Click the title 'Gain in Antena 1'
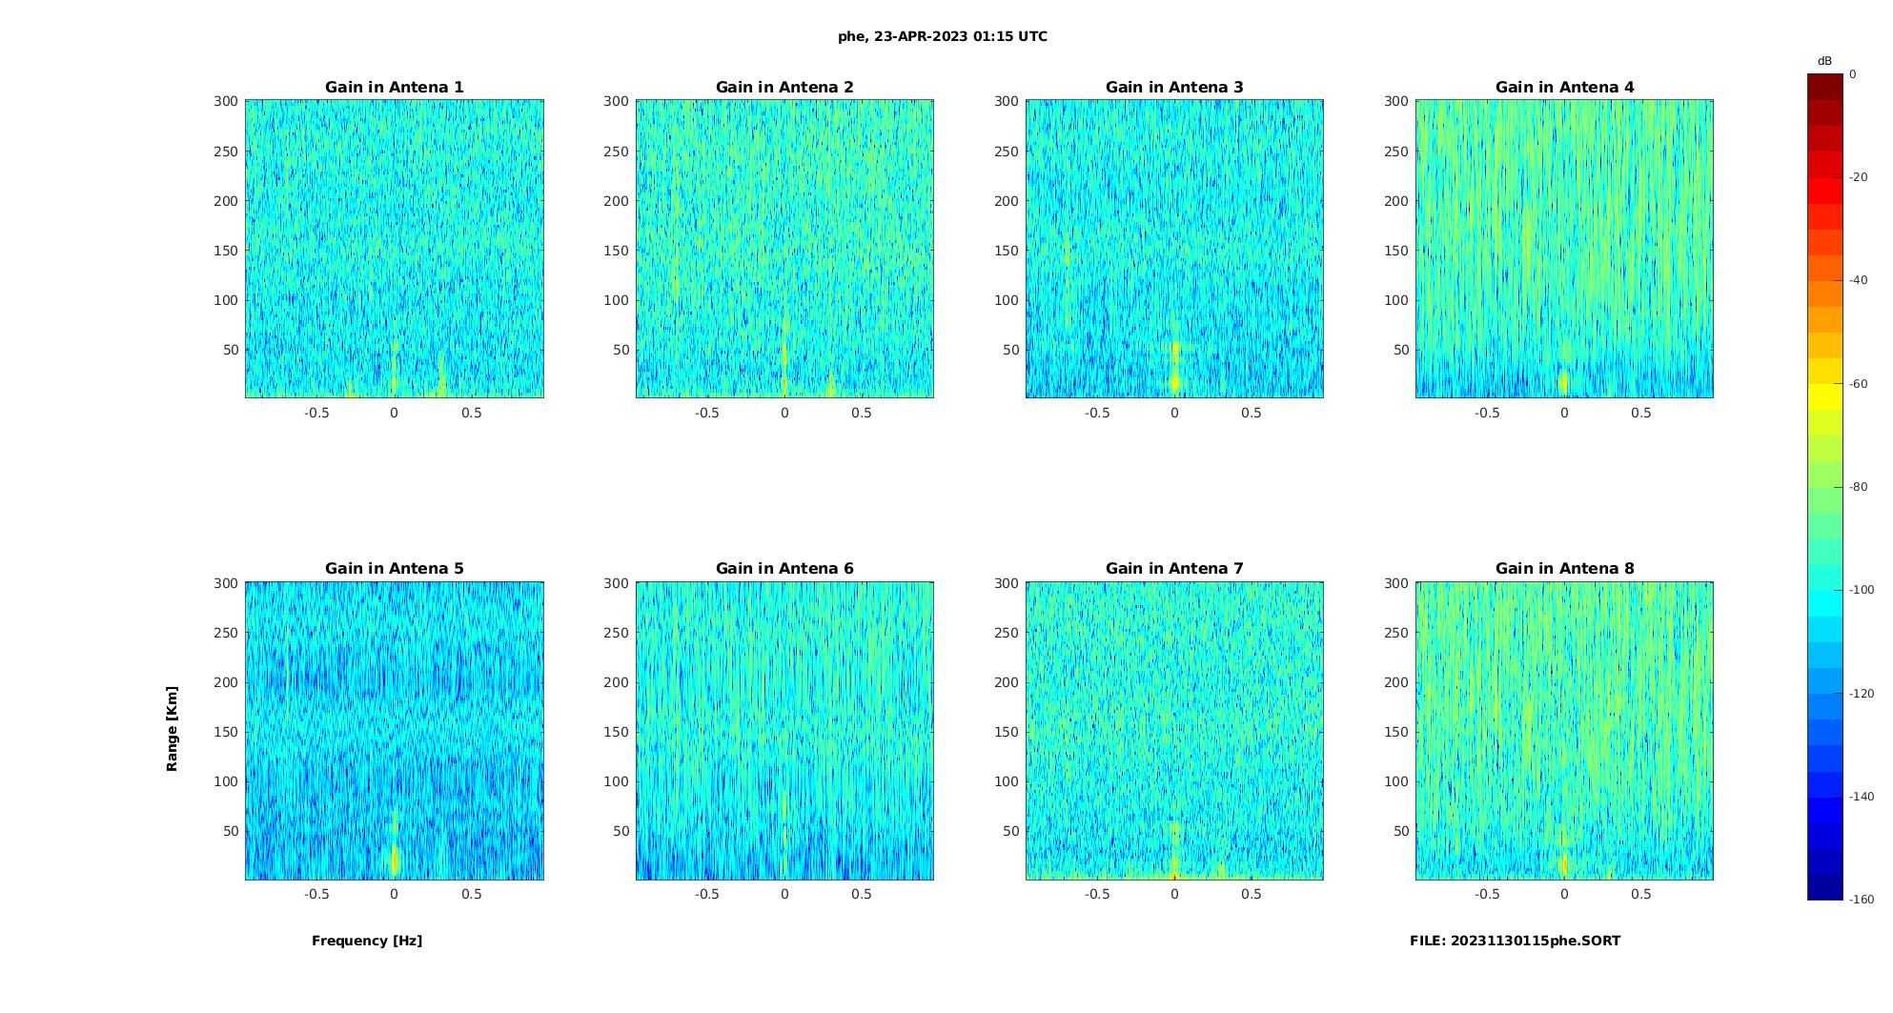point(395,88)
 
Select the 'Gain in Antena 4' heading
point(1564,88)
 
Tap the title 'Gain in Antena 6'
point(784,569)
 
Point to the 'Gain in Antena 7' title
point(1174,569)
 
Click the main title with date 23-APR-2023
point(943,37)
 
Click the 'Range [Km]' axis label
point(173,729)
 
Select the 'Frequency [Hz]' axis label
point(367,941)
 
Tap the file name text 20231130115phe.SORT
point(1515,941)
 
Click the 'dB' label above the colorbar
point(1824,61)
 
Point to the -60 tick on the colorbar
point(1858,384)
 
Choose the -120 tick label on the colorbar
point(1861,694)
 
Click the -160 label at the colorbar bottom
point(1861,900)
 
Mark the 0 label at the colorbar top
point(1852,74)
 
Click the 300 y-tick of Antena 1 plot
point(225,101)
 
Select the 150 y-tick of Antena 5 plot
point(225,732)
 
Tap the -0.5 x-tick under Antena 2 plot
point(706,413)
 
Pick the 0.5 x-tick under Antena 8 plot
point(1640,894)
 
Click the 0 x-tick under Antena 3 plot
point(1174,413)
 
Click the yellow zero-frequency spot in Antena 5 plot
point(395,858)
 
